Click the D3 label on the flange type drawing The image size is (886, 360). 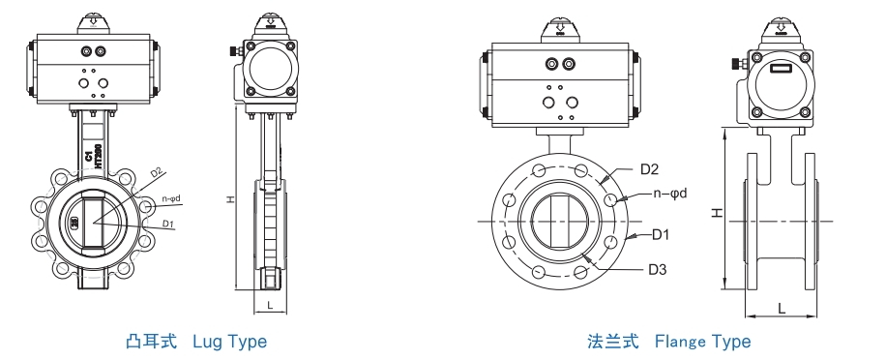[659, 268]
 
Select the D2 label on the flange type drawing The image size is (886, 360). [650, 169]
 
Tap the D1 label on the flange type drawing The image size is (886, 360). [661, 235]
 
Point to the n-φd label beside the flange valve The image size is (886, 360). [668, 194]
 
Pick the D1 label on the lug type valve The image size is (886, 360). [167, 225]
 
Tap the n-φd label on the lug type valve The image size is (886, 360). [171, 198]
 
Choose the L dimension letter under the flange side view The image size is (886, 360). [781, 308]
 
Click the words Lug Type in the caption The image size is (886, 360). [229, 342]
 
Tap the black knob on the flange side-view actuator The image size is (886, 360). [733, 65]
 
